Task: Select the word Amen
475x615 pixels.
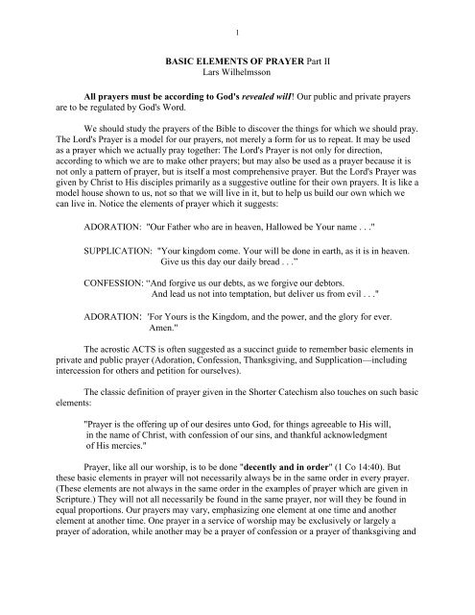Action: pos(171,390)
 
